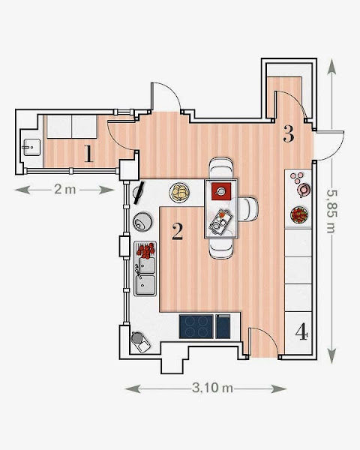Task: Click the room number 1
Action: (x=89, y=154)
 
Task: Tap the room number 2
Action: (x=178, y=232)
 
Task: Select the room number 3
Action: (x=289, y=133)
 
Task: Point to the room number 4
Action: (x=301, y=332)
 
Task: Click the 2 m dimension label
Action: (x=65, y=190)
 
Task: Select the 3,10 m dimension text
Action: (x=212, y=388)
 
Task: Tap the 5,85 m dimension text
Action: (x=331, y=211)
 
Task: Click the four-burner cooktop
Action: (x=196, y=326)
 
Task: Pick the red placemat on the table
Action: (x=221, y=191)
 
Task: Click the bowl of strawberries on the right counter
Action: (x=298, y=215)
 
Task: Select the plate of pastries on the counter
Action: (x=179, y=193)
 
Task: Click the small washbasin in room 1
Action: (x=31, y=148)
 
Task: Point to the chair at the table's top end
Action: (x=221, y=168)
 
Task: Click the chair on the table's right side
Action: (x=247, y=209)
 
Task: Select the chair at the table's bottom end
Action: (x=221, y=248)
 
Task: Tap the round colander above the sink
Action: (x=142, y=221)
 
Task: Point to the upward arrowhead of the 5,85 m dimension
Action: (x=331, y=66)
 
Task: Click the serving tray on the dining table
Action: (x=220, y=222)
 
